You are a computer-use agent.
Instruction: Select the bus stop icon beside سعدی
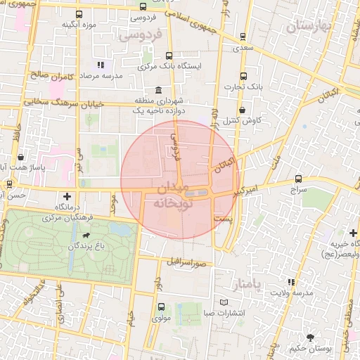(x=243, y=37)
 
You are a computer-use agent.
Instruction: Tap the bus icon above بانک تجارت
(x=243, y=76)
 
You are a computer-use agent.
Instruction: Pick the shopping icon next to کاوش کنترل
(x=243, y=110)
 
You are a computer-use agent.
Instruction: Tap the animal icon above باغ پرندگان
(x=86, y=236)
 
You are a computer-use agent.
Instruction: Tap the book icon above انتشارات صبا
(x=224, y=302)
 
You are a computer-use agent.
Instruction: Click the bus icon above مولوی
(x=161, y=307)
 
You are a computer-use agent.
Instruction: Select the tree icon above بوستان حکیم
(x=310, y=336)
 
